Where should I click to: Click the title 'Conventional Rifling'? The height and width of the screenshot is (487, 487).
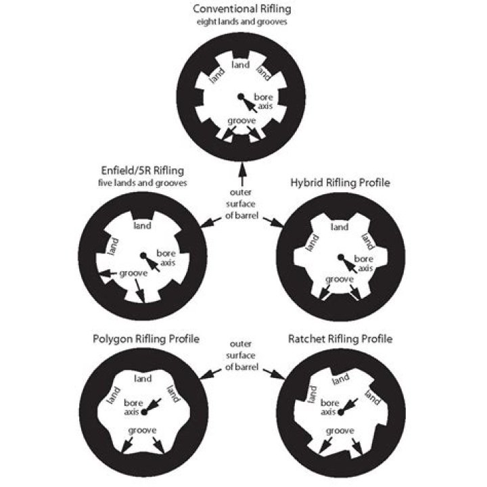point(242,9)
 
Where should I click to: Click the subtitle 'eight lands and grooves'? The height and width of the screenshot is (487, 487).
point(242,21)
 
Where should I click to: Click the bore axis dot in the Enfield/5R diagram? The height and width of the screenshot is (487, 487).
point(143,256)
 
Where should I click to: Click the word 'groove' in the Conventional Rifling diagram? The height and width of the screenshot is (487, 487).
point(241,120)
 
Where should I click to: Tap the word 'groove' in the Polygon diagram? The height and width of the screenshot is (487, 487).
point(142,430)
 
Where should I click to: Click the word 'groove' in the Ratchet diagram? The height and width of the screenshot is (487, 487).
point(340,430)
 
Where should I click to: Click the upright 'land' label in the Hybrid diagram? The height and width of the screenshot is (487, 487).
point(340,227)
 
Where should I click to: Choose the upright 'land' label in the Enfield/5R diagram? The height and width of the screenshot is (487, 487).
point(142,225)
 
